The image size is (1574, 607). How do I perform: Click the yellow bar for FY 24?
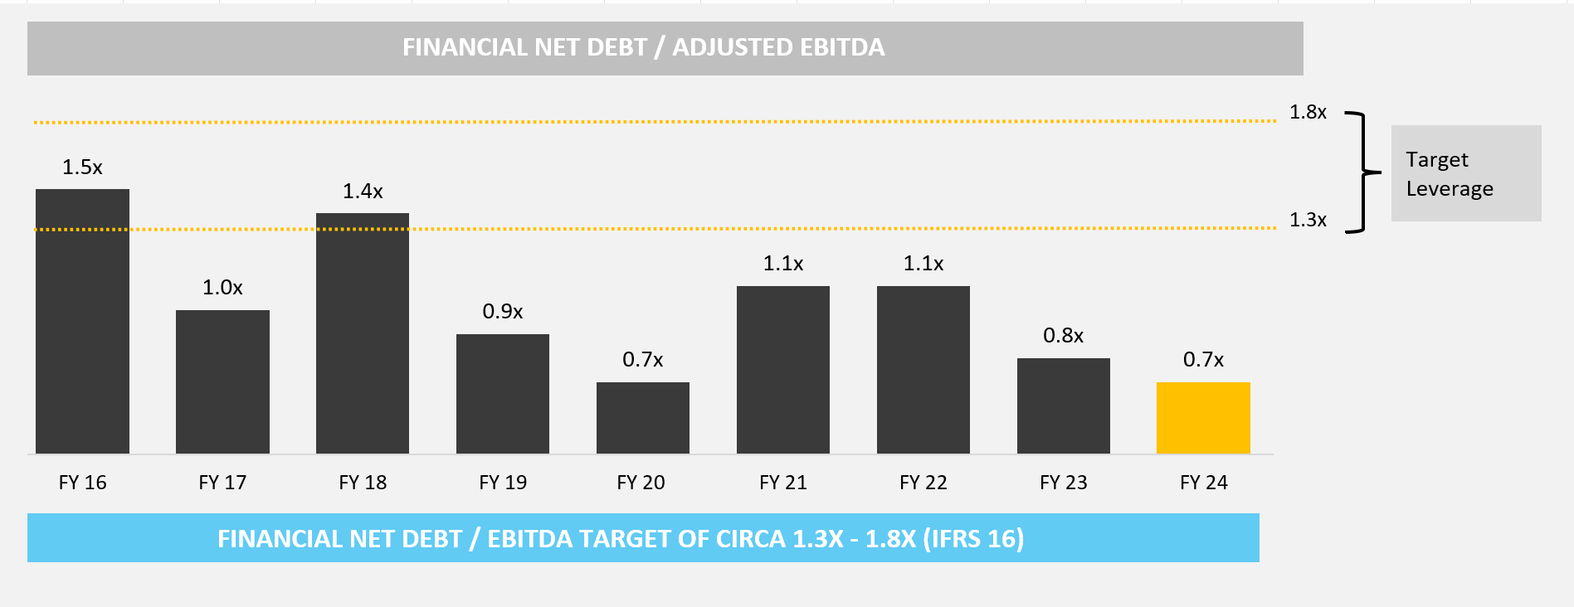pos(1203,418)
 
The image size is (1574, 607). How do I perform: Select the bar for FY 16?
pos(82,321)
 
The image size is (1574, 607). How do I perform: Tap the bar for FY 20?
pos(643,418)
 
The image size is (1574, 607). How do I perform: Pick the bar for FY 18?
pos(363,333)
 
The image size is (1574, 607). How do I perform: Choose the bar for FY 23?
pos(1063,405)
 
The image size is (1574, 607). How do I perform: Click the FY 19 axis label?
pos(503,483)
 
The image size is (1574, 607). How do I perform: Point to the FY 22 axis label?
pos(923,483)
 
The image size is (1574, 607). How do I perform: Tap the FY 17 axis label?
pos(222,483)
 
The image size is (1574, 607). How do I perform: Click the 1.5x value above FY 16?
pos(82,168)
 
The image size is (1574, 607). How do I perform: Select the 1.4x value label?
pos(363,192)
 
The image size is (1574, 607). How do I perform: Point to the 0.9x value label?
pos(503,312)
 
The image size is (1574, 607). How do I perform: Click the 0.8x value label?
pos(1063,336)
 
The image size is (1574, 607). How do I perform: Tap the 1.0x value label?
pos(222,288)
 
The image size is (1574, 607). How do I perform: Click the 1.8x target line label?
pos(1308,112)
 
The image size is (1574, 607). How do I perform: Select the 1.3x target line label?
pos(1308,220)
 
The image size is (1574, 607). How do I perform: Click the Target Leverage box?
pos(1465,173)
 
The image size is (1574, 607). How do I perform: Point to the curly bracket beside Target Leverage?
pos(1361,172)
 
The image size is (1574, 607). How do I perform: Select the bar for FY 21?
pos(783,370)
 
